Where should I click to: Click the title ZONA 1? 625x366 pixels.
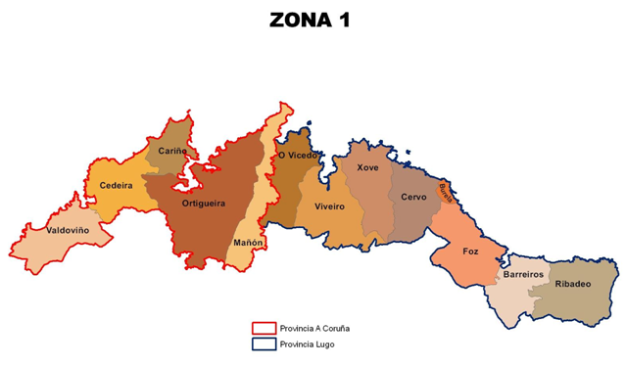pyautogui.click(x=311, y=21)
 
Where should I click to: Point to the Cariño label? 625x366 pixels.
pyautogui.click(x=172, y=152)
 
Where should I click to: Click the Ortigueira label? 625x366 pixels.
pyautogui.click(x=204, y=204)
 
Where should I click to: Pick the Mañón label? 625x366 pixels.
pyautogui.click(x=247, y=242)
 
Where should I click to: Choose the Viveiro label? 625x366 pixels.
pyautogui.click(x=329, y=206)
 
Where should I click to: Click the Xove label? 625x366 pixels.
pyautogui.click(x=367, y=167)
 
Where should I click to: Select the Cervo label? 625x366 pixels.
pyautogui.click(x=413, y=197)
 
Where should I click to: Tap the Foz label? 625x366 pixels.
pyautogui.click(x=470, y=252)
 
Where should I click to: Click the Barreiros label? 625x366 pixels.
pyautogui.click(x=523, y=275)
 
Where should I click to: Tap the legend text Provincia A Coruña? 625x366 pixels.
pyautogui.click(x=314, y=328)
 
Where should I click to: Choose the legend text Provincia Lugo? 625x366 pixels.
pyautogui.click(x=306, y=344)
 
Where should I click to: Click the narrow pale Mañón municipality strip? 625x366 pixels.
pyautogui.click(x=257, y=196)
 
